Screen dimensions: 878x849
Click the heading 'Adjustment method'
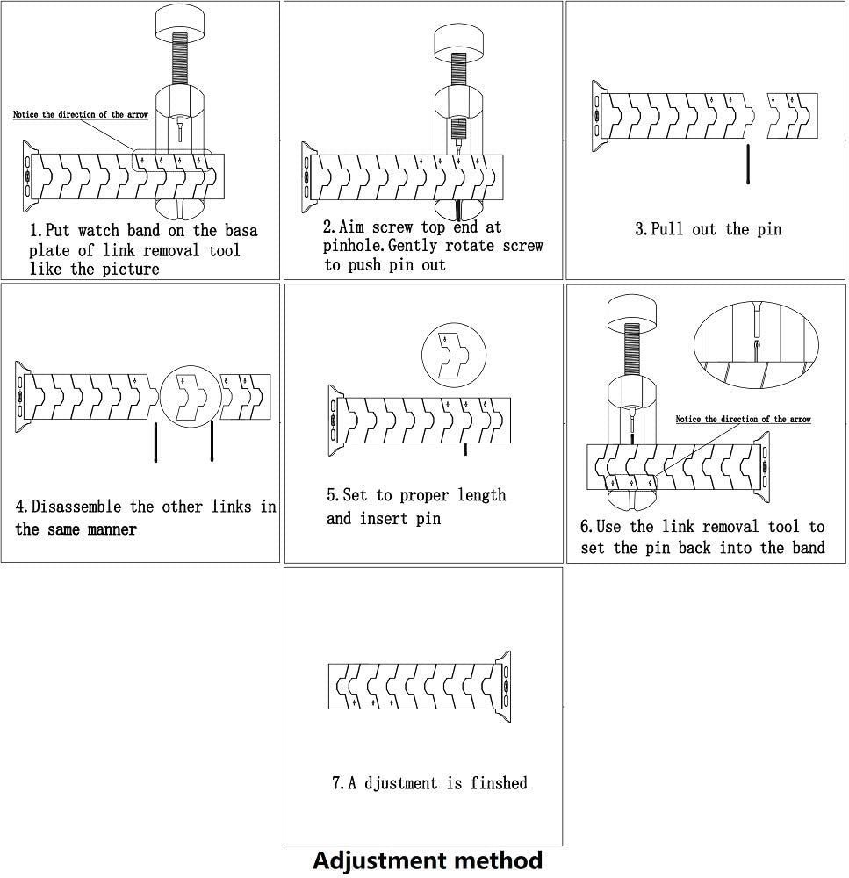[427, 860]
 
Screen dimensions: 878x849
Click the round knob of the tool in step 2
[460, 40]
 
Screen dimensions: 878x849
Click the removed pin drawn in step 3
[747, 164]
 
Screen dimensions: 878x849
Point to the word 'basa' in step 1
[237, 232]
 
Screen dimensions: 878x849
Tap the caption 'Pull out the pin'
[708, 230]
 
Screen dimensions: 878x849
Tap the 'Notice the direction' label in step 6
[743, 420]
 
